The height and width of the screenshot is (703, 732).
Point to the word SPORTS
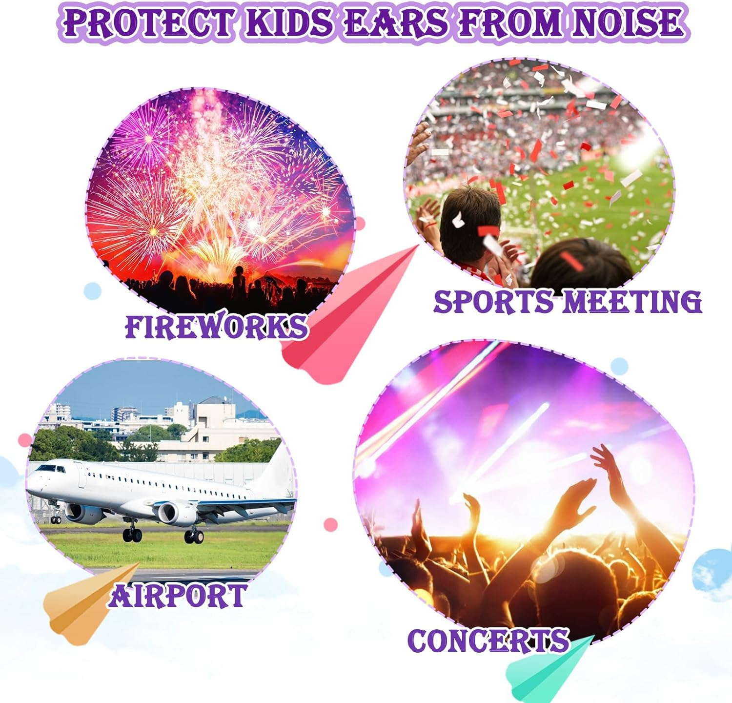click(493, 301)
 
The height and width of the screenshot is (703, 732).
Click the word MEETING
click(632, 301)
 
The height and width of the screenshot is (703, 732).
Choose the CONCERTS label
click(488, 641)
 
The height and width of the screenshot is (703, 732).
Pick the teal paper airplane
click(542, 671)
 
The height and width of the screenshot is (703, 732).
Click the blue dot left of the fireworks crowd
click(92, 291)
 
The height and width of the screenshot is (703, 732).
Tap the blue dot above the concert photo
click(619, 365)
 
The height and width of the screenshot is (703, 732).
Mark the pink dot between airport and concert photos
click(331, 525)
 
